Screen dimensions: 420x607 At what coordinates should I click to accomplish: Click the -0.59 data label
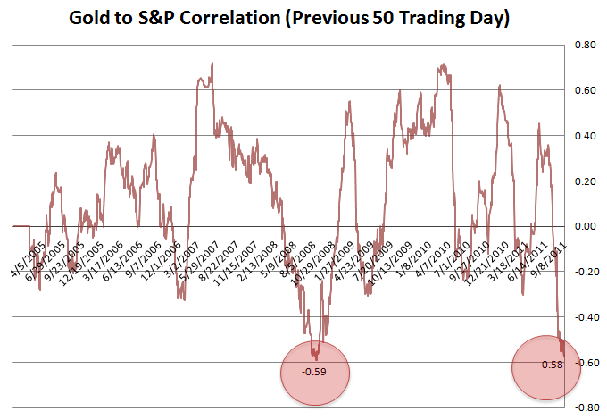click(313, 371)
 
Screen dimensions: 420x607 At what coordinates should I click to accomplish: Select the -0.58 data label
click(550, 365)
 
